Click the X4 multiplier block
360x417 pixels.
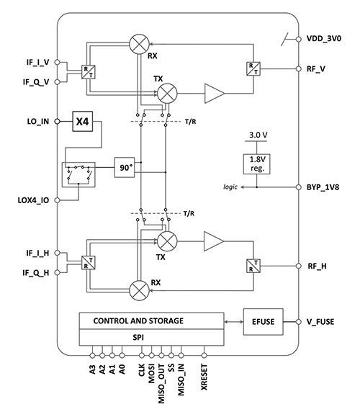83,122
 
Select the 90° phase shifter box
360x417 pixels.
125,167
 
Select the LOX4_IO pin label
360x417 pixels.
33,197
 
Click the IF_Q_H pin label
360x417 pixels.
32,273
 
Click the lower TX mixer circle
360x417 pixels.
168,241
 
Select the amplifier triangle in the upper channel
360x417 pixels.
214,93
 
